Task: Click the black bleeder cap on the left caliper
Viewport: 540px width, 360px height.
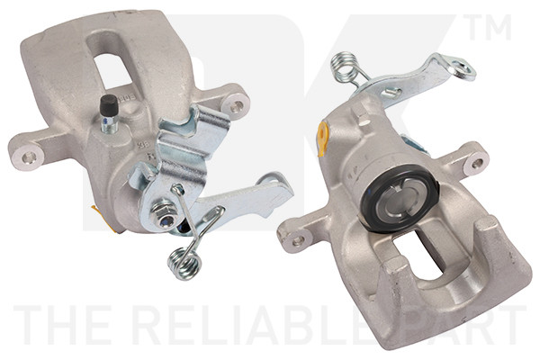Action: (x=109, y=103)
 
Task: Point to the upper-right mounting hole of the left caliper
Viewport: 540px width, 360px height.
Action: (x=237, y=105)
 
